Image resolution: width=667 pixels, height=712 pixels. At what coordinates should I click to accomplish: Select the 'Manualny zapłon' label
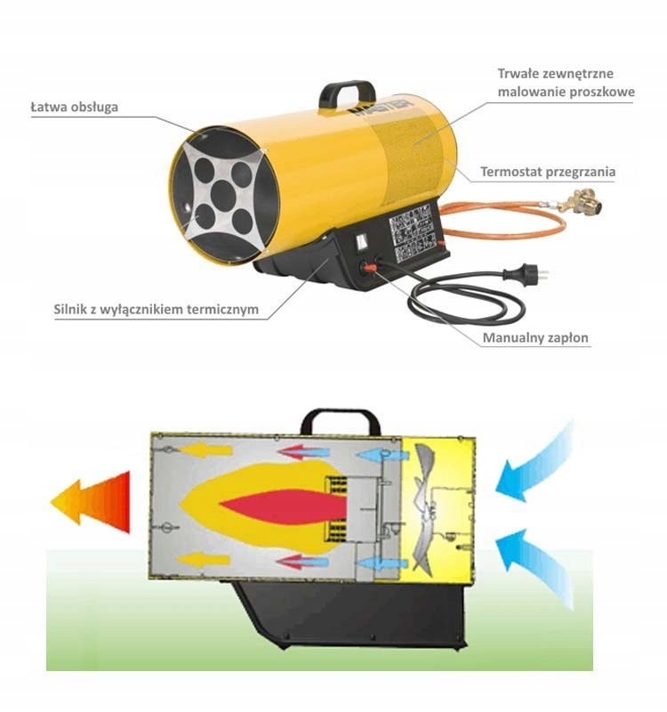[535, 338]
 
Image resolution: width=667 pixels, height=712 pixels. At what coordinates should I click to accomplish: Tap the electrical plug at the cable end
[532, 273]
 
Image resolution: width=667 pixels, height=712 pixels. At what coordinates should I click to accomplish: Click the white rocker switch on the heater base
[361, 240]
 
